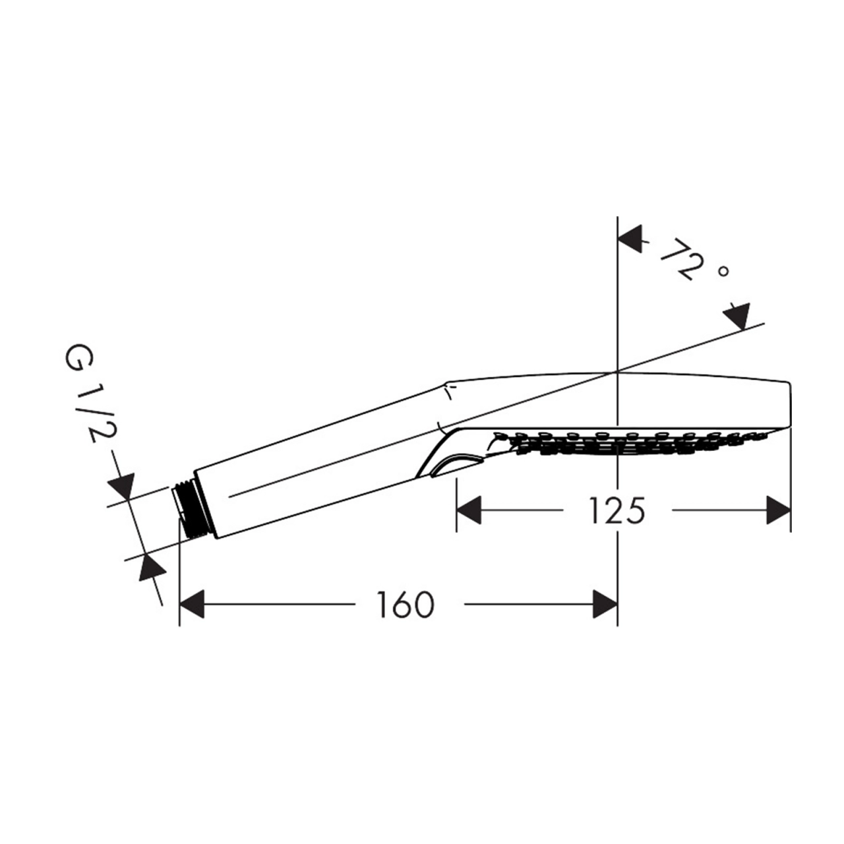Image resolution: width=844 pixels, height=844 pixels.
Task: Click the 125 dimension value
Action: point(617,510)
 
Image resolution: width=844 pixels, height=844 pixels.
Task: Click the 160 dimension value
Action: point(406,605)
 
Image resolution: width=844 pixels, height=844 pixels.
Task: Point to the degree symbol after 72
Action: point(723,272)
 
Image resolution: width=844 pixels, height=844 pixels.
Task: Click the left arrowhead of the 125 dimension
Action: point(469,510)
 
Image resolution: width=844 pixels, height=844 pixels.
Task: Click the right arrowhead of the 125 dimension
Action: point(779,510)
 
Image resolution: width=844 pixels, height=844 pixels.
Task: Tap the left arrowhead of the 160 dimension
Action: point(192,604)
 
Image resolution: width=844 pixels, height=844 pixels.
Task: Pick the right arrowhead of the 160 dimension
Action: point(605,604)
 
